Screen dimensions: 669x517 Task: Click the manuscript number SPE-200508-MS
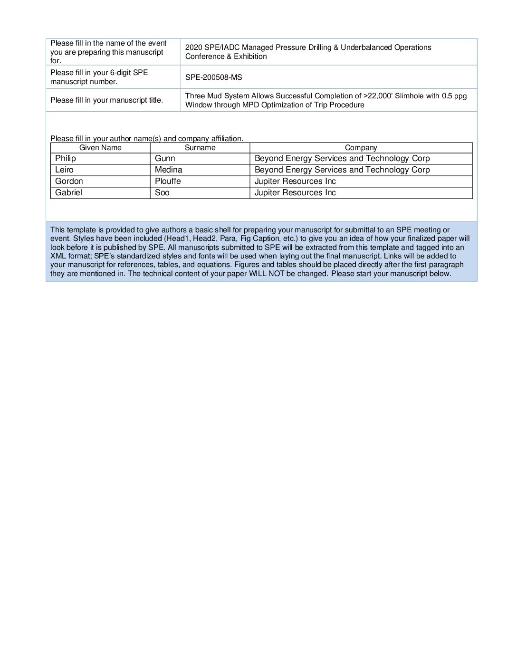tap(213, 77)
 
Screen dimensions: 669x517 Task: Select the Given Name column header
tap(100, 148)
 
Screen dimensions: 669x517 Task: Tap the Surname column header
tap(200, 148)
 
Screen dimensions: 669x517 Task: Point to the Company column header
tap(361, 148)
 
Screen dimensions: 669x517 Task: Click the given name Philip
tap(66, 158)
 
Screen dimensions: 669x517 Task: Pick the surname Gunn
tap(165, 158)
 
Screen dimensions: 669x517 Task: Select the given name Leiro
tap(64, 170)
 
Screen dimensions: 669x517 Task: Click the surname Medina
tap(168, 170)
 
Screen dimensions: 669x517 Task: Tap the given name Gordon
tap(69, 181)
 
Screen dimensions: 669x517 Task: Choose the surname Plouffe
tap(168, 181)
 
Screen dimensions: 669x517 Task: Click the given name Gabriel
tap(68, 192)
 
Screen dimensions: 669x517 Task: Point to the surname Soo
tap(162, 192)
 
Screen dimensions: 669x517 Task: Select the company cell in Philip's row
tap(342, 158)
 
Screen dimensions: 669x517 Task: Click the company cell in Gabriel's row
tap(295, 192)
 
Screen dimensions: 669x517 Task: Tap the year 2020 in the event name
tap(193, 48)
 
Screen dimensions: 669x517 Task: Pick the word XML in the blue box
tap(58, 256)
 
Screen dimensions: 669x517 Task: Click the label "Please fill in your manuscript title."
tap(106, 100)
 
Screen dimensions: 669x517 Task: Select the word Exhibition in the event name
tap(250, 57)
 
